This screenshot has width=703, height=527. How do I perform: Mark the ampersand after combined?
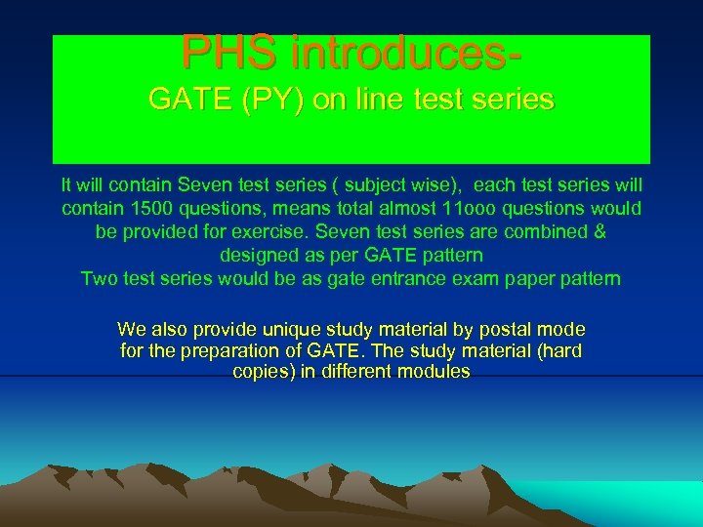tap(600, 232)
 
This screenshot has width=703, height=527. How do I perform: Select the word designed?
tap(258, 256)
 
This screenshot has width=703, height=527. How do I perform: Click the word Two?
tap(100, 279)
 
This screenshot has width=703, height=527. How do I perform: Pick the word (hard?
tap(558, 350)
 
